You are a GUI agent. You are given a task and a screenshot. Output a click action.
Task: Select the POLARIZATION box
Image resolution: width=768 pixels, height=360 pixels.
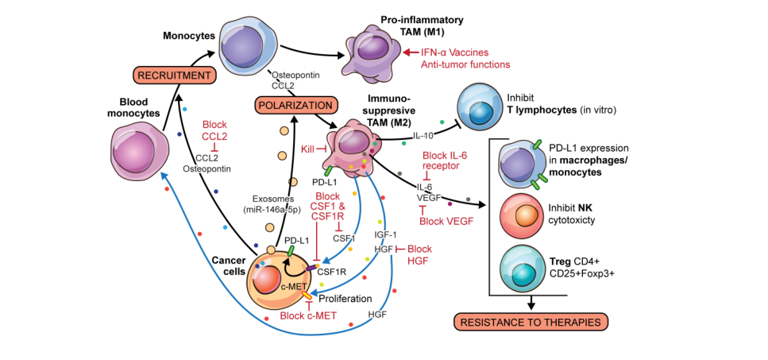pyautogui.click(x=292, y=105)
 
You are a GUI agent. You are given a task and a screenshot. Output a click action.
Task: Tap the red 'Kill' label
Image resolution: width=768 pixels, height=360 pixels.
pyautogui.click(x=309, y=149)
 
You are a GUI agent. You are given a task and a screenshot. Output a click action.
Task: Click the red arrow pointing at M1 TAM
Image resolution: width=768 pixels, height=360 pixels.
pyautogui.click(x=413, y=52)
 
